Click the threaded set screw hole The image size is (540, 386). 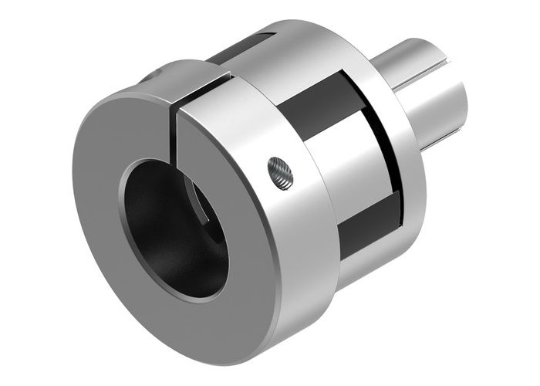tap(279, 173)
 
